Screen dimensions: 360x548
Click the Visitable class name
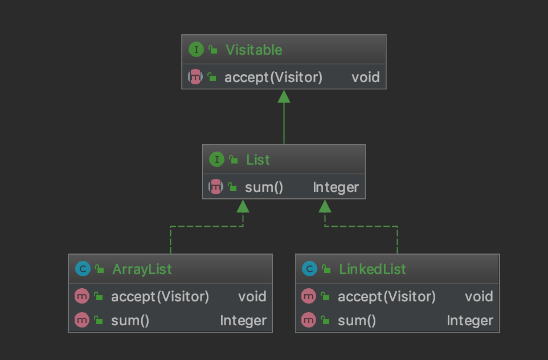(253, 50)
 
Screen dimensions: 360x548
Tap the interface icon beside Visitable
(196, 50)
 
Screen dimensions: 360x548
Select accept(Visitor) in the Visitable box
(273, 77)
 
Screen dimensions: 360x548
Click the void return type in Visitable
(365, 77)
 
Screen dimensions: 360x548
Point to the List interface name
(258, 160)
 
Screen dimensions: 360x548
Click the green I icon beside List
(216, 160)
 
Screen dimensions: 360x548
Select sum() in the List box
(264, 187)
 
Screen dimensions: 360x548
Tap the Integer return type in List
(336, 187)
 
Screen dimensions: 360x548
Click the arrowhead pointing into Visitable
(284, 96)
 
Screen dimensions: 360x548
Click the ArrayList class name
(142, 269)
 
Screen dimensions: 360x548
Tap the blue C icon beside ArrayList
(83, 269)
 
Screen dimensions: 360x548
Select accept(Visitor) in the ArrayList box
(160, 296)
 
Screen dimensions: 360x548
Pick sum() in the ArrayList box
(130, 321)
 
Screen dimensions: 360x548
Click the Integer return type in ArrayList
(243, 321)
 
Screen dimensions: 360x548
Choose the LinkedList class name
(372, 269)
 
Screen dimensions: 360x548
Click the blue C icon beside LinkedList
(309, 269)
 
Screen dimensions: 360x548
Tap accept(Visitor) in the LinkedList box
(387, 296)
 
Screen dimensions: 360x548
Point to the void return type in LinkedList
(479, 296)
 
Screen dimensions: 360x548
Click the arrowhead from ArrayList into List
(243, 206)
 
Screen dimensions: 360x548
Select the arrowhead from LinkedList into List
(325, 206)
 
